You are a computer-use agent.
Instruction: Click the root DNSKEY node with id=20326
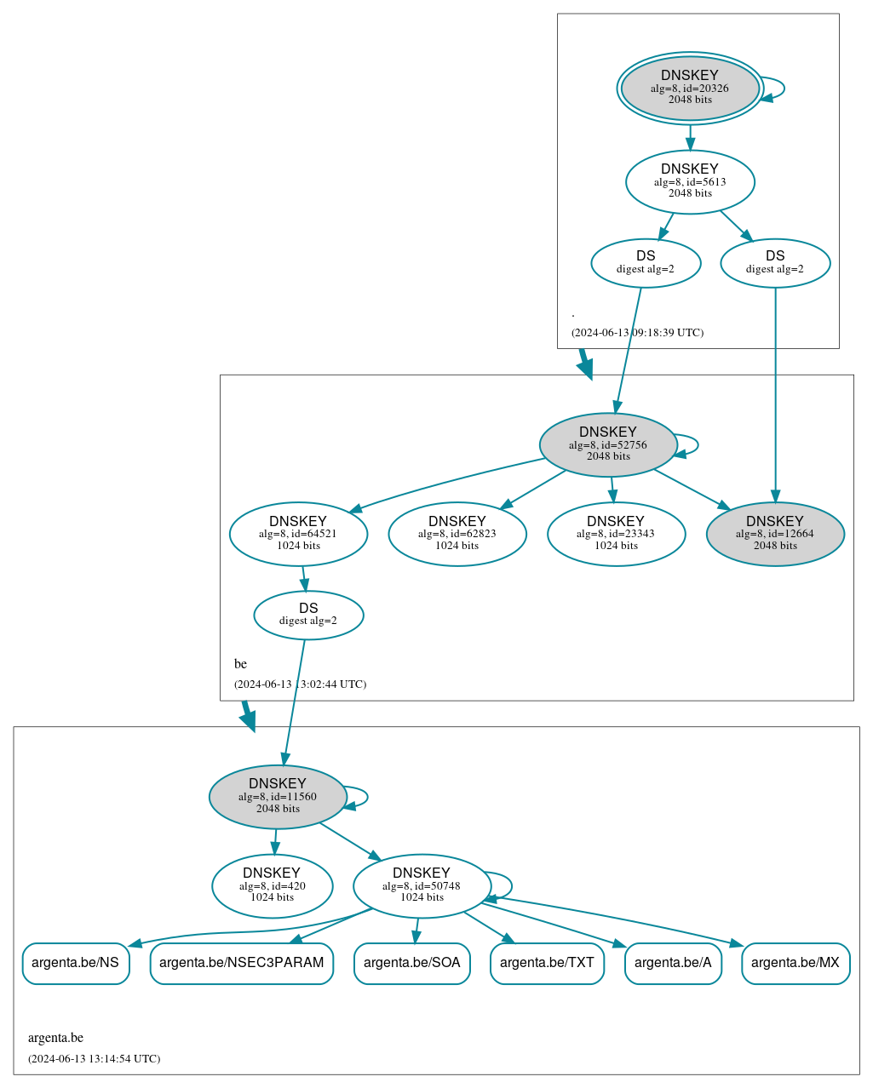[690, 88]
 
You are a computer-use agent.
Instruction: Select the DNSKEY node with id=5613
[690, 181]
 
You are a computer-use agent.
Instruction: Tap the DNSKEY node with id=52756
[608, 444]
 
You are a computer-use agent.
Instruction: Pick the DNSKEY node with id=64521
[298, 534]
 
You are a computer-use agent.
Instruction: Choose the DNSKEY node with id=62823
[457, 534]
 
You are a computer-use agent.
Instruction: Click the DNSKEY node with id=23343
[616, 534]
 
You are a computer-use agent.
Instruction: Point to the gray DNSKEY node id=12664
[775, 534]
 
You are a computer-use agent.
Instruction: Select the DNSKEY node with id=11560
[278, 796]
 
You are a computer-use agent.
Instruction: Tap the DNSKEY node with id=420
[272, 885]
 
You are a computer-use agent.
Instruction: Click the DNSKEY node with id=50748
[422, 885]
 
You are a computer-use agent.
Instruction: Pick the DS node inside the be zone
[308, 615]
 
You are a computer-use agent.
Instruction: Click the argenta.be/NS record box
[76, 963]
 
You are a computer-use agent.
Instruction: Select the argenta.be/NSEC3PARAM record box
[242, 963]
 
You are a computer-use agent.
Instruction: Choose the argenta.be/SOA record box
[412, 963]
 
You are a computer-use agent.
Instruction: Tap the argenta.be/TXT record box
[547, 963]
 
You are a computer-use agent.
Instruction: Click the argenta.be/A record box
[673, 963]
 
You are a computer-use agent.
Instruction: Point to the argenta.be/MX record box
[795, 963]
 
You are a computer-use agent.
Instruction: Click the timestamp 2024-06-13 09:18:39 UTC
[637, 332]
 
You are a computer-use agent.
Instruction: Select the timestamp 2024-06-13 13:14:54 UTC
[94, 1058]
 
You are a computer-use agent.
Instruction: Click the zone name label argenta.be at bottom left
[55, 1037]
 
